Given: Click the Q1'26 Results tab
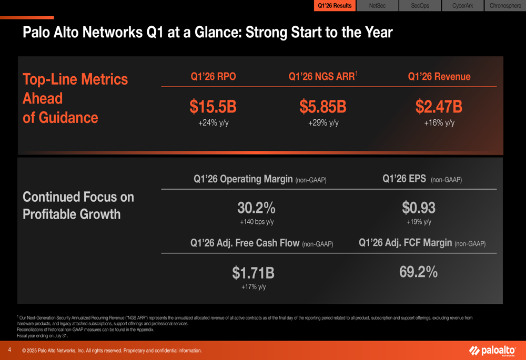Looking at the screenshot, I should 335,6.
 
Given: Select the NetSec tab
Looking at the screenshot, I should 377,6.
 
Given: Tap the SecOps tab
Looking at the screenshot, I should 420,6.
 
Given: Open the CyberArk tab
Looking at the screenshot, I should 462,6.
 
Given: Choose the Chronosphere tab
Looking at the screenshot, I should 505,6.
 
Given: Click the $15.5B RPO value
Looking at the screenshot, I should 213,107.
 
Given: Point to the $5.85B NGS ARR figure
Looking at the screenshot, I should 323,107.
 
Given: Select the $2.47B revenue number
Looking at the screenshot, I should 439,107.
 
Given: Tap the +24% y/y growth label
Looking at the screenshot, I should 213,123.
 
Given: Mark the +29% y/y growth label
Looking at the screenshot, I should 323,123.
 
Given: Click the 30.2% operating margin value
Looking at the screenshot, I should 256,208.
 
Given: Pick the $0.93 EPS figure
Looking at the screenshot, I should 419,208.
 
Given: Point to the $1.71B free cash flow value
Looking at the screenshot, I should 253,273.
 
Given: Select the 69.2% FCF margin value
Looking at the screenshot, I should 418,272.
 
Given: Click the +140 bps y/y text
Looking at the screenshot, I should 257,222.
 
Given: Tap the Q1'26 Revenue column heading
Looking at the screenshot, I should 439,77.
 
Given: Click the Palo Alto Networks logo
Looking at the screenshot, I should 492,351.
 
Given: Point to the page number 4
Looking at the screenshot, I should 9,349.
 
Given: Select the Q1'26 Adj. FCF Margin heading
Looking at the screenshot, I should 422,243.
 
